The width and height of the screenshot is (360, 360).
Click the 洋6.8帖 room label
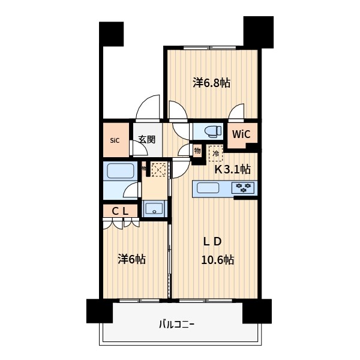pyautogui.click(x=211, y=83)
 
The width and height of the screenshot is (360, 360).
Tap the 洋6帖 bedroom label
pyautogui.click(x=131, y=259)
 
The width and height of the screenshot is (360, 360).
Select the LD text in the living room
pyautogui.click(x=212, y=242)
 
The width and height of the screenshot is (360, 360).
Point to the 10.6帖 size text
pyautogui.click(x=218, y=260)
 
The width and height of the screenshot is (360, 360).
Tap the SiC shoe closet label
pyautogui.click(x=115, y=140)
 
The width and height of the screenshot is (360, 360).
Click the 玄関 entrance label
pyautogui.click(x=146, y=140)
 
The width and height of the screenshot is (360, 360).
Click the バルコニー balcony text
pyautogui.click(x=176, y=325)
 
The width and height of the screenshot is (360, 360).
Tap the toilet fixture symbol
pyautogui.click(x=210, y=131)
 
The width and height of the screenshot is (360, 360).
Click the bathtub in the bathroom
pyautogui.click(x=121, y=171)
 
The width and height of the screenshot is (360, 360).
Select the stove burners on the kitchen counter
pyautogui.click(x=244, y=188)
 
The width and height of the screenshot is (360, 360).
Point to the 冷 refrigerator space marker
pyautogui.click(x=215, y=154)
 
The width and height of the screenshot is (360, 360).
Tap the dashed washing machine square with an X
pyautogui.click(x=158, y=170)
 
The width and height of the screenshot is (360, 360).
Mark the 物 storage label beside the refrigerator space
pyautogui.click(x=197, y=151)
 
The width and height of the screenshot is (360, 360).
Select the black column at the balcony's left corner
pyautogui.click(x=100, y=311)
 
